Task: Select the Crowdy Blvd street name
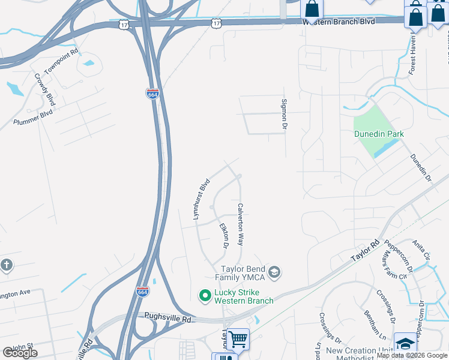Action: pyautogui.click(x=45, y=89)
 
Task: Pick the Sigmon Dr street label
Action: pyautogui.click(x=285, y=115)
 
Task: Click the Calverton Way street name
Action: pyautogui.click(x=241, y=224)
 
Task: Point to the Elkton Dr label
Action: pyautogui.click(x=224, y=236)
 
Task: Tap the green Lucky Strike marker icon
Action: pyautogui.click(x=205, y=295)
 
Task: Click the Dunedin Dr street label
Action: pyautogui.click(x=420, y=167)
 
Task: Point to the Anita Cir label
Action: pyautogui.click(x=421, y=250)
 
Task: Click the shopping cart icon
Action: pyautogui.click(x=238, y=340)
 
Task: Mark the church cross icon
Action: pyautogui.click(x=7, y=265)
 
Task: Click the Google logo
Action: pyautogui.click(x=20, y=353)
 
